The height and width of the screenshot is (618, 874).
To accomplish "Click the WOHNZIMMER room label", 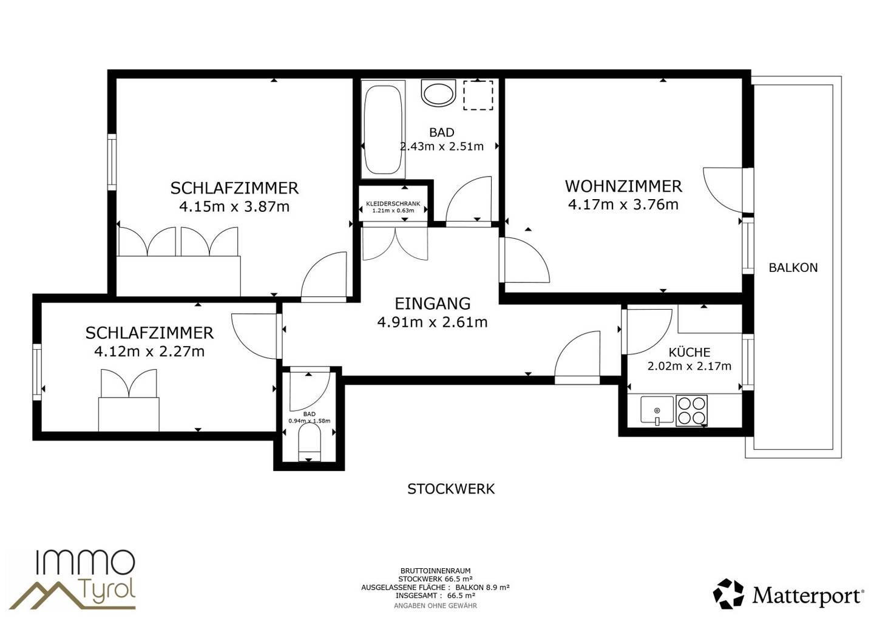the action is [623, 186].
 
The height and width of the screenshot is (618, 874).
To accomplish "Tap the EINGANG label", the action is [433, 304].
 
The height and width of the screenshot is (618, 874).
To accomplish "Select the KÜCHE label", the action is [689, 352].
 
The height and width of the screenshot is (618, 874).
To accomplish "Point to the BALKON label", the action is [793, 268].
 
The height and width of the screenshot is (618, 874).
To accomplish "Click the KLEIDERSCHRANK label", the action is [393, 203].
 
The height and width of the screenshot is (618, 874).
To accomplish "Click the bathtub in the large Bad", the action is [383, 130].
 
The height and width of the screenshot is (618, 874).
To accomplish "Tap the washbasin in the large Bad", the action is [439, 93].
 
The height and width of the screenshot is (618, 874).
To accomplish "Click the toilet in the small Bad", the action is [310, 443].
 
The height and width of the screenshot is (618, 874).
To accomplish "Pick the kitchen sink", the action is [657, 410].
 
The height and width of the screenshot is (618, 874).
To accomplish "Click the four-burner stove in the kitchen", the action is [691, 410].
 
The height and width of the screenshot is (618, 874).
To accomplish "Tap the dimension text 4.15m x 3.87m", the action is [234, 206].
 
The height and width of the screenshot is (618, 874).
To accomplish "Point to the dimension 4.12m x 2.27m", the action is [149, 351].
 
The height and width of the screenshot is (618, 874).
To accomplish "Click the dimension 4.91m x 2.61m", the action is [432, 322].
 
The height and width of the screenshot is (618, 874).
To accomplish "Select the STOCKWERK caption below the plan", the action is [451, 489].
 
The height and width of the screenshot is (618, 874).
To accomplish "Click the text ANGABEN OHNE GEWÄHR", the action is [435, 606].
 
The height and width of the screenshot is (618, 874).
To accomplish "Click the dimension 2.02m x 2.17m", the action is [689, 366].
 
